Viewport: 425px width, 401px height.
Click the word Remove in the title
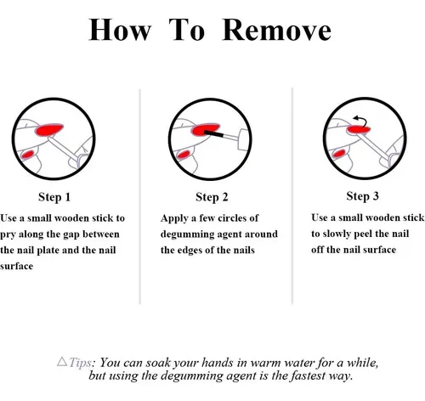pos(277,30)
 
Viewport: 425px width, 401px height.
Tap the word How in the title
pos(120,30)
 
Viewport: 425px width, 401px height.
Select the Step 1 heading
pos(54,197)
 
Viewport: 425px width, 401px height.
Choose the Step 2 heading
pos(212,197)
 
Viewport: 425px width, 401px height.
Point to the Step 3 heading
pos(362,196)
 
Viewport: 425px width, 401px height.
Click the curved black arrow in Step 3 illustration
pos(361,120)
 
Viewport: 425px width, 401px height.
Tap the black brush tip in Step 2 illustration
pos(214,133)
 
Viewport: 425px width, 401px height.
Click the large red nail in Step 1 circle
pos(48,129)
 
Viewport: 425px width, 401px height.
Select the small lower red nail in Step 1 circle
pos(28,155)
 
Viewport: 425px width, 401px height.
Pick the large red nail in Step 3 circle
pos(359,129)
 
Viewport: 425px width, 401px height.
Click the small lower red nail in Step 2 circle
pos(184,155)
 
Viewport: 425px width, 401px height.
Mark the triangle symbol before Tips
pos(62,362)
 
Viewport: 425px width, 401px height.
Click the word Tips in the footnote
pos(80,363)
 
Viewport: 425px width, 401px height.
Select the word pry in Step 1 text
pos(8,235)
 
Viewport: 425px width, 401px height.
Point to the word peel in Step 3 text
pos(363,234)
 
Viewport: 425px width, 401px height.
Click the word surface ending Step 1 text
pos(16,267)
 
